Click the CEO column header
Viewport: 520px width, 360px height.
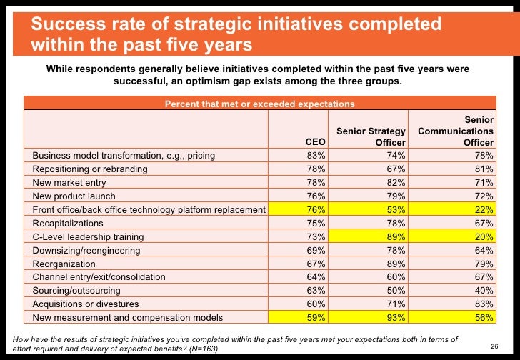point(315,142)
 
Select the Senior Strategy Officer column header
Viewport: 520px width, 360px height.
point(371,136)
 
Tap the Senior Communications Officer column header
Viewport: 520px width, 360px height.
point(456,131)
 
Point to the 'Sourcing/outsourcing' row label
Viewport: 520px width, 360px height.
point(76,291)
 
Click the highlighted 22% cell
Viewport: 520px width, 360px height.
point(484,209)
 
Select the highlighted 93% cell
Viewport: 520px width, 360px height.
point(397,318)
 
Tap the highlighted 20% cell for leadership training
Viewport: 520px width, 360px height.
point(484,236)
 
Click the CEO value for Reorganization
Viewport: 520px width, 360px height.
point(316,264)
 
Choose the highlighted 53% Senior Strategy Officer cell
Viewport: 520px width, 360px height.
point(397,209)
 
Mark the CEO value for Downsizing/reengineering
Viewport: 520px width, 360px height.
point(316,250)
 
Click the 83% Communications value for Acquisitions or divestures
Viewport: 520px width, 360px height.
point(484,304)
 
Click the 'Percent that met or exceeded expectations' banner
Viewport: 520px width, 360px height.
point(260,104)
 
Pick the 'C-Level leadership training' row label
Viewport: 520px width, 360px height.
point(88,236)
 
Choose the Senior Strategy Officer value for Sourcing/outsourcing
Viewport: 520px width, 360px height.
point(397,291)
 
